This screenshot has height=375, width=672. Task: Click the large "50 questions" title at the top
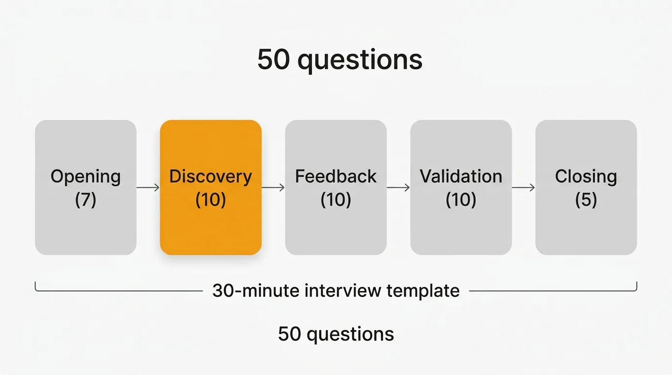(339, 60)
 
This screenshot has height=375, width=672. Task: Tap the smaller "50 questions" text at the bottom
(336, 334)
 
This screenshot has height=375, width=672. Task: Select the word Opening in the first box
(86, 177)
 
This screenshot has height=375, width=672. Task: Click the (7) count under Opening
(86, 200)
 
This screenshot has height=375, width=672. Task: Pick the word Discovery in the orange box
(210, 177)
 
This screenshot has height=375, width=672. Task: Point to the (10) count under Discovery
(210, 200)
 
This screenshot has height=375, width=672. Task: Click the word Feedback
(336, 176)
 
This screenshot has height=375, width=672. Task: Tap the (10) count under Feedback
(336, 200)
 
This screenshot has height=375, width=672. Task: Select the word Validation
(461, 176)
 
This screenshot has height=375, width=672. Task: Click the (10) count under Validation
(461, 200)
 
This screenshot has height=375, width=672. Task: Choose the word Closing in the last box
(586, 177)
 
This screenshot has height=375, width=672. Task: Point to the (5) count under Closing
(586, 200)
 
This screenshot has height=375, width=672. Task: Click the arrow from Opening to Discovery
(148, 187)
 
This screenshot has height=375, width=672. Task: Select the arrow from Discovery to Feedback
(273, 187)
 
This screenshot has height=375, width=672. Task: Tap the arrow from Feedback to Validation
(398, 187)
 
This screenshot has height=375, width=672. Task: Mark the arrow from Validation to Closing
(523, 187)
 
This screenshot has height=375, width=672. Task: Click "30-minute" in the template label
(256, 291)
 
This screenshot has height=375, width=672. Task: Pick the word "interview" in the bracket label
(343, 291)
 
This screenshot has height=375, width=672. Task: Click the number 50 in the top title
(273, 60)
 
